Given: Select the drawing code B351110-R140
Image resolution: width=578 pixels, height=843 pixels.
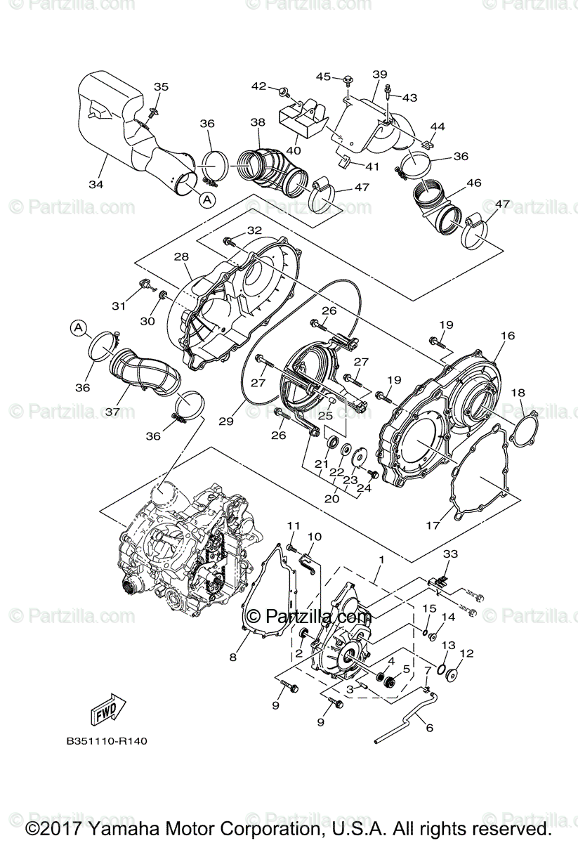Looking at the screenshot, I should coord(107,740).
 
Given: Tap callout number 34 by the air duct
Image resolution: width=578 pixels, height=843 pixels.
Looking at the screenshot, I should coord(96,185).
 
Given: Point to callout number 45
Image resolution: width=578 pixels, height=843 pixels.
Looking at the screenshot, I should coord(323,76).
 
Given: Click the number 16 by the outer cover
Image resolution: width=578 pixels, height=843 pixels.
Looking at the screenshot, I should coord(508,336).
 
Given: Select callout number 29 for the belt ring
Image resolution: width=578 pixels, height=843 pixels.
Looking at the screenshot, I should coord(225,421).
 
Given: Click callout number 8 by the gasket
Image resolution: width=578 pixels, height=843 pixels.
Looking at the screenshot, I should coord(232,658).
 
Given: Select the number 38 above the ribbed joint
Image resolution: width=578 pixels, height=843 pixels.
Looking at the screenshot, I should coord(258,122).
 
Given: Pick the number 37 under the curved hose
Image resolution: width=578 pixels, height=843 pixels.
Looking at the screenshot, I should coord(112,411).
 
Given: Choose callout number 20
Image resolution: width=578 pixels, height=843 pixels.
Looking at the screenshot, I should coord(332,498).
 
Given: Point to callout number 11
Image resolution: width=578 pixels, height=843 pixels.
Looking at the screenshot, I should coord(293,525).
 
